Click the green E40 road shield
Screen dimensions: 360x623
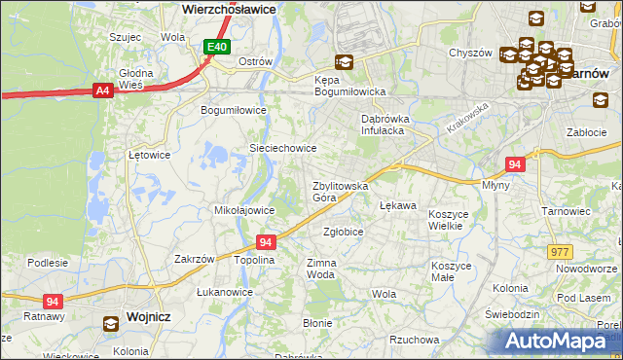click(x=217, y=47)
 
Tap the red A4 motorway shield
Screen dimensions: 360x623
click(x=102, y=90)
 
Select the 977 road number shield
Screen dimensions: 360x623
click(x=560, y=251)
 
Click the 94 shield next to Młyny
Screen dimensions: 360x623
click(x=516, y=165)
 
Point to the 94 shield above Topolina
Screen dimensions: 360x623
click(x=266, y=241)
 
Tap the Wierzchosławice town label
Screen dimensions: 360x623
click(x=230, y=8)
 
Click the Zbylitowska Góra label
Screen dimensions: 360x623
click(x=339, y=191)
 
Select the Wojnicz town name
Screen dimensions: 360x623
click(x=149, y=316)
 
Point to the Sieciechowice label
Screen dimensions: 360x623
click(x=283, y=148)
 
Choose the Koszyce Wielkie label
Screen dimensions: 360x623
click(x=449, y=219)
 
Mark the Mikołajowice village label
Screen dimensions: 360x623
click(x=243, y=209)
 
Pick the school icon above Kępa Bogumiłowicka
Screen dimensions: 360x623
click(x=343, y=62)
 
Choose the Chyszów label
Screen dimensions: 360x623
click(x=469, y=53)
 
